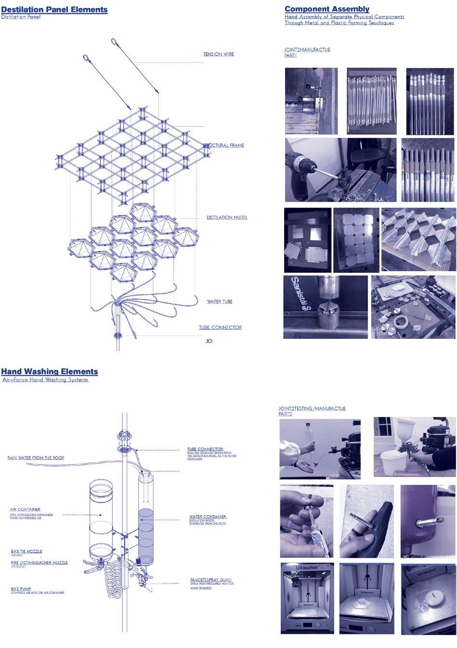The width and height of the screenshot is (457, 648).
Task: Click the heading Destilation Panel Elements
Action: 54,10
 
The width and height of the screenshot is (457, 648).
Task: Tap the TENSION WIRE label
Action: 218,54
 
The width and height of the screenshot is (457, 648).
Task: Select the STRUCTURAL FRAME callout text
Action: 224,145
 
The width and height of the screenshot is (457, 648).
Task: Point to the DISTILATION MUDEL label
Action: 227,218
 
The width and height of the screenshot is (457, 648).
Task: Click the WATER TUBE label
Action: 220,302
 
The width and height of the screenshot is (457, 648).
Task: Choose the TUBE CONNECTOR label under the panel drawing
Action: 220,328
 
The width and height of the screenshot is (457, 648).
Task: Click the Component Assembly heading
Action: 326,9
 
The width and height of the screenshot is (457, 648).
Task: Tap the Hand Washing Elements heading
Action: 49,372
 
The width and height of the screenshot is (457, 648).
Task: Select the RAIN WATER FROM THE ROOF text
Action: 36,458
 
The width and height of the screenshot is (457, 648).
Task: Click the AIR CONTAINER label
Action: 25,509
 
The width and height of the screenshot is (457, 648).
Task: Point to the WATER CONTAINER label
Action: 208,517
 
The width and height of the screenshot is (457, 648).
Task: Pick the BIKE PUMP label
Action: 22,588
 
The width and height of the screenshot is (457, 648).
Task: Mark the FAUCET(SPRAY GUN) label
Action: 211,580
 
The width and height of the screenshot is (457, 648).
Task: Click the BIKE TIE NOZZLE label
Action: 26,551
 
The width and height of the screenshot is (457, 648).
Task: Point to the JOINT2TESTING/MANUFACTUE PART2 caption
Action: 312,411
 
